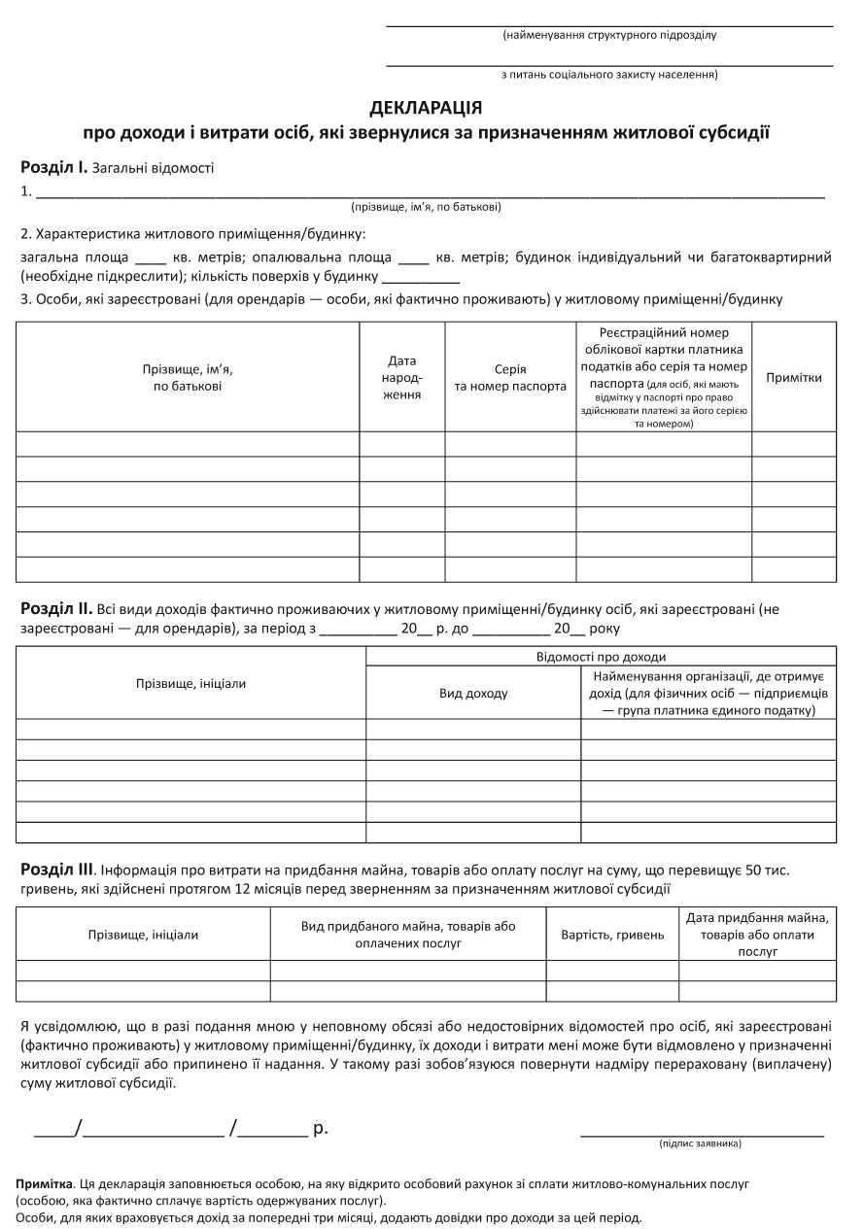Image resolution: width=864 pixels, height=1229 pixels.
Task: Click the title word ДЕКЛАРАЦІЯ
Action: pyautogui.click(x=426, y=107)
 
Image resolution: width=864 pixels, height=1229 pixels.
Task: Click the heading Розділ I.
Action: pyautogui.click(x=54, y=167)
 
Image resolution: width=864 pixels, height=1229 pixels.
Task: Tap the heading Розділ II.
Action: pyautogui.click(x=56, y=609)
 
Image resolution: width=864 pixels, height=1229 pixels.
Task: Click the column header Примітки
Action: pyautogui.click(x=793, y=377)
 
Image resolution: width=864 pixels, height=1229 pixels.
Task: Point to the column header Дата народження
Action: pyautogui.click(x=402, y=377)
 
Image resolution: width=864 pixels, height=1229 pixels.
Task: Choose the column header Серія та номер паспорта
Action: pyautogui.click(x=510, y=377)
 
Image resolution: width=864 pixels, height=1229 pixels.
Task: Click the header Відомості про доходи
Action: pyautogui.click(x=601, y=657)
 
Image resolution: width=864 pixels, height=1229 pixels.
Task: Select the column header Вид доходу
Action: pyautogui.click(x=473, y=694)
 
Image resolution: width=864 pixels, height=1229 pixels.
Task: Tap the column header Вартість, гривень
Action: pyautogui.click(x=612, y=935)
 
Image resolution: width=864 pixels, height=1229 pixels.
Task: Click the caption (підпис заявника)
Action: pyautogui.click(x=700, y=1144)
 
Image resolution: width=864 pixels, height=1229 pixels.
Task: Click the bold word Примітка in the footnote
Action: pyautogui.click(x=45, y=1185)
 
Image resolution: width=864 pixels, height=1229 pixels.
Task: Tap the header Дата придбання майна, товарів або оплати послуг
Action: pyautogui.click(x=757, y=935)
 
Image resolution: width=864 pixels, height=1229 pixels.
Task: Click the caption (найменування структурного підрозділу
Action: pyautogui.click(x=609, y=35)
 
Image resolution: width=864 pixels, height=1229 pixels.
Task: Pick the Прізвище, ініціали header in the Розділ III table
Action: pyautogui.click(x=143, y=935)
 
